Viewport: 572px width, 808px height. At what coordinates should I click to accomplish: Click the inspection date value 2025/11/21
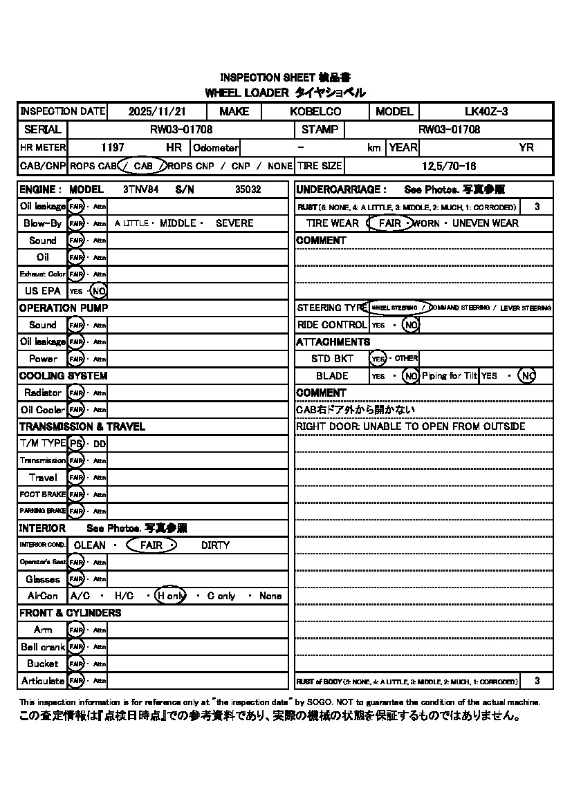pos(157,112)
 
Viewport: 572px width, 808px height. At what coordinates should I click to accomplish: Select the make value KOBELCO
pos(315,112)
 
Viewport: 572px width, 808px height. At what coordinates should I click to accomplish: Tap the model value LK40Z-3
pos(486,112)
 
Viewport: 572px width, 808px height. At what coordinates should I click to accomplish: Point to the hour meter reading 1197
pos(112,148)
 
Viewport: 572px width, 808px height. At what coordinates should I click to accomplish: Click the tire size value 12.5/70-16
pos(449,166)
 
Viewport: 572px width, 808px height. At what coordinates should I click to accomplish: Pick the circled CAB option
pos(143,166)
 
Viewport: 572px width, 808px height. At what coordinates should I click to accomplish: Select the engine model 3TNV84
pos(140,189)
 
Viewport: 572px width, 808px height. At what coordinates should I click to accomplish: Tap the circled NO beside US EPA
pos(99,291)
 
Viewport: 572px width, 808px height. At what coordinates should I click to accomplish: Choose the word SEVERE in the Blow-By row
pos(234,223)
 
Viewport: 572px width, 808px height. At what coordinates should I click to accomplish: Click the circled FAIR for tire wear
pos(389,223)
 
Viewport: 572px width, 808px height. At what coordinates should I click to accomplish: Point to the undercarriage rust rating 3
pos(537,207)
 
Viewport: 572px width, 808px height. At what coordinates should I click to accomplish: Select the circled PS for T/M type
pos(76,443)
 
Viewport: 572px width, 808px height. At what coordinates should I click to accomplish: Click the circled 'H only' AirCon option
pos(170,596)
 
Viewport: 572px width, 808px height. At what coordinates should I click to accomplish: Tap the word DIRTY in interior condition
pos(215,545)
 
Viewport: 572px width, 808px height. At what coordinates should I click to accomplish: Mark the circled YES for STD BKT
pos(378,359)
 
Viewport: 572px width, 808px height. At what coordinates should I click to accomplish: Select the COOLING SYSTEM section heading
pos(63,376)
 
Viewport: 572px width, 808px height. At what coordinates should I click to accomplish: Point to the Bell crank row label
pos(43,647)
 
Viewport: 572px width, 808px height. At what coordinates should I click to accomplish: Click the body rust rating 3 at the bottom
pos(537,681)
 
